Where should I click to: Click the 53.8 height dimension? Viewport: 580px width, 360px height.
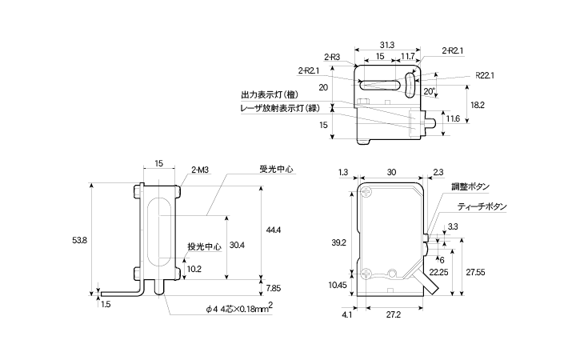(x=79, y=240)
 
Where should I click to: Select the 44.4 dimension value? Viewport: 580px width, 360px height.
(x=274, y=230)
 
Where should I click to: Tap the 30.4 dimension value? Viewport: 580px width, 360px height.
(x=237, y=245)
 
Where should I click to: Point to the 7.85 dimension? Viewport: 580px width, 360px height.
(x=274, y=288)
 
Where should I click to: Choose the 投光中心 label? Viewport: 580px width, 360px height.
(x=204, y=246)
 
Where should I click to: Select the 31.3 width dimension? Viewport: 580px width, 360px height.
(x=386, y=45)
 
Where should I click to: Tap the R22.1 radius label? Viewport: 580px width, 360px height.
(x=485, y=75)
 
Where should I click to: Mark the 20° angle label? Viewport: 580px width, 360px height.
(x=430, y=92)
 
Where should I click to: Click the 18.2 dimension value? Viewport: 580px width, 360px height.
(x=478, y=105)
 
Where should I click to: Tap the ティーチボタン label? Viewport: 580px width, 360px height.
(x=482, y=206)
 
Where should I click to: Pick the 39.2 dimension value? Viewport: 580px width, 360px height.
(x=338, y=242)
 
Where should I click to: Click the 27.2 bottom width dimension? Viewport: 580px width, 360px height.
(x=394, y=314)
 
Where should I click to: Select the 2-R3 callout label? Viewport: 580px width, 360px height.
(x=334, y=57)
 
